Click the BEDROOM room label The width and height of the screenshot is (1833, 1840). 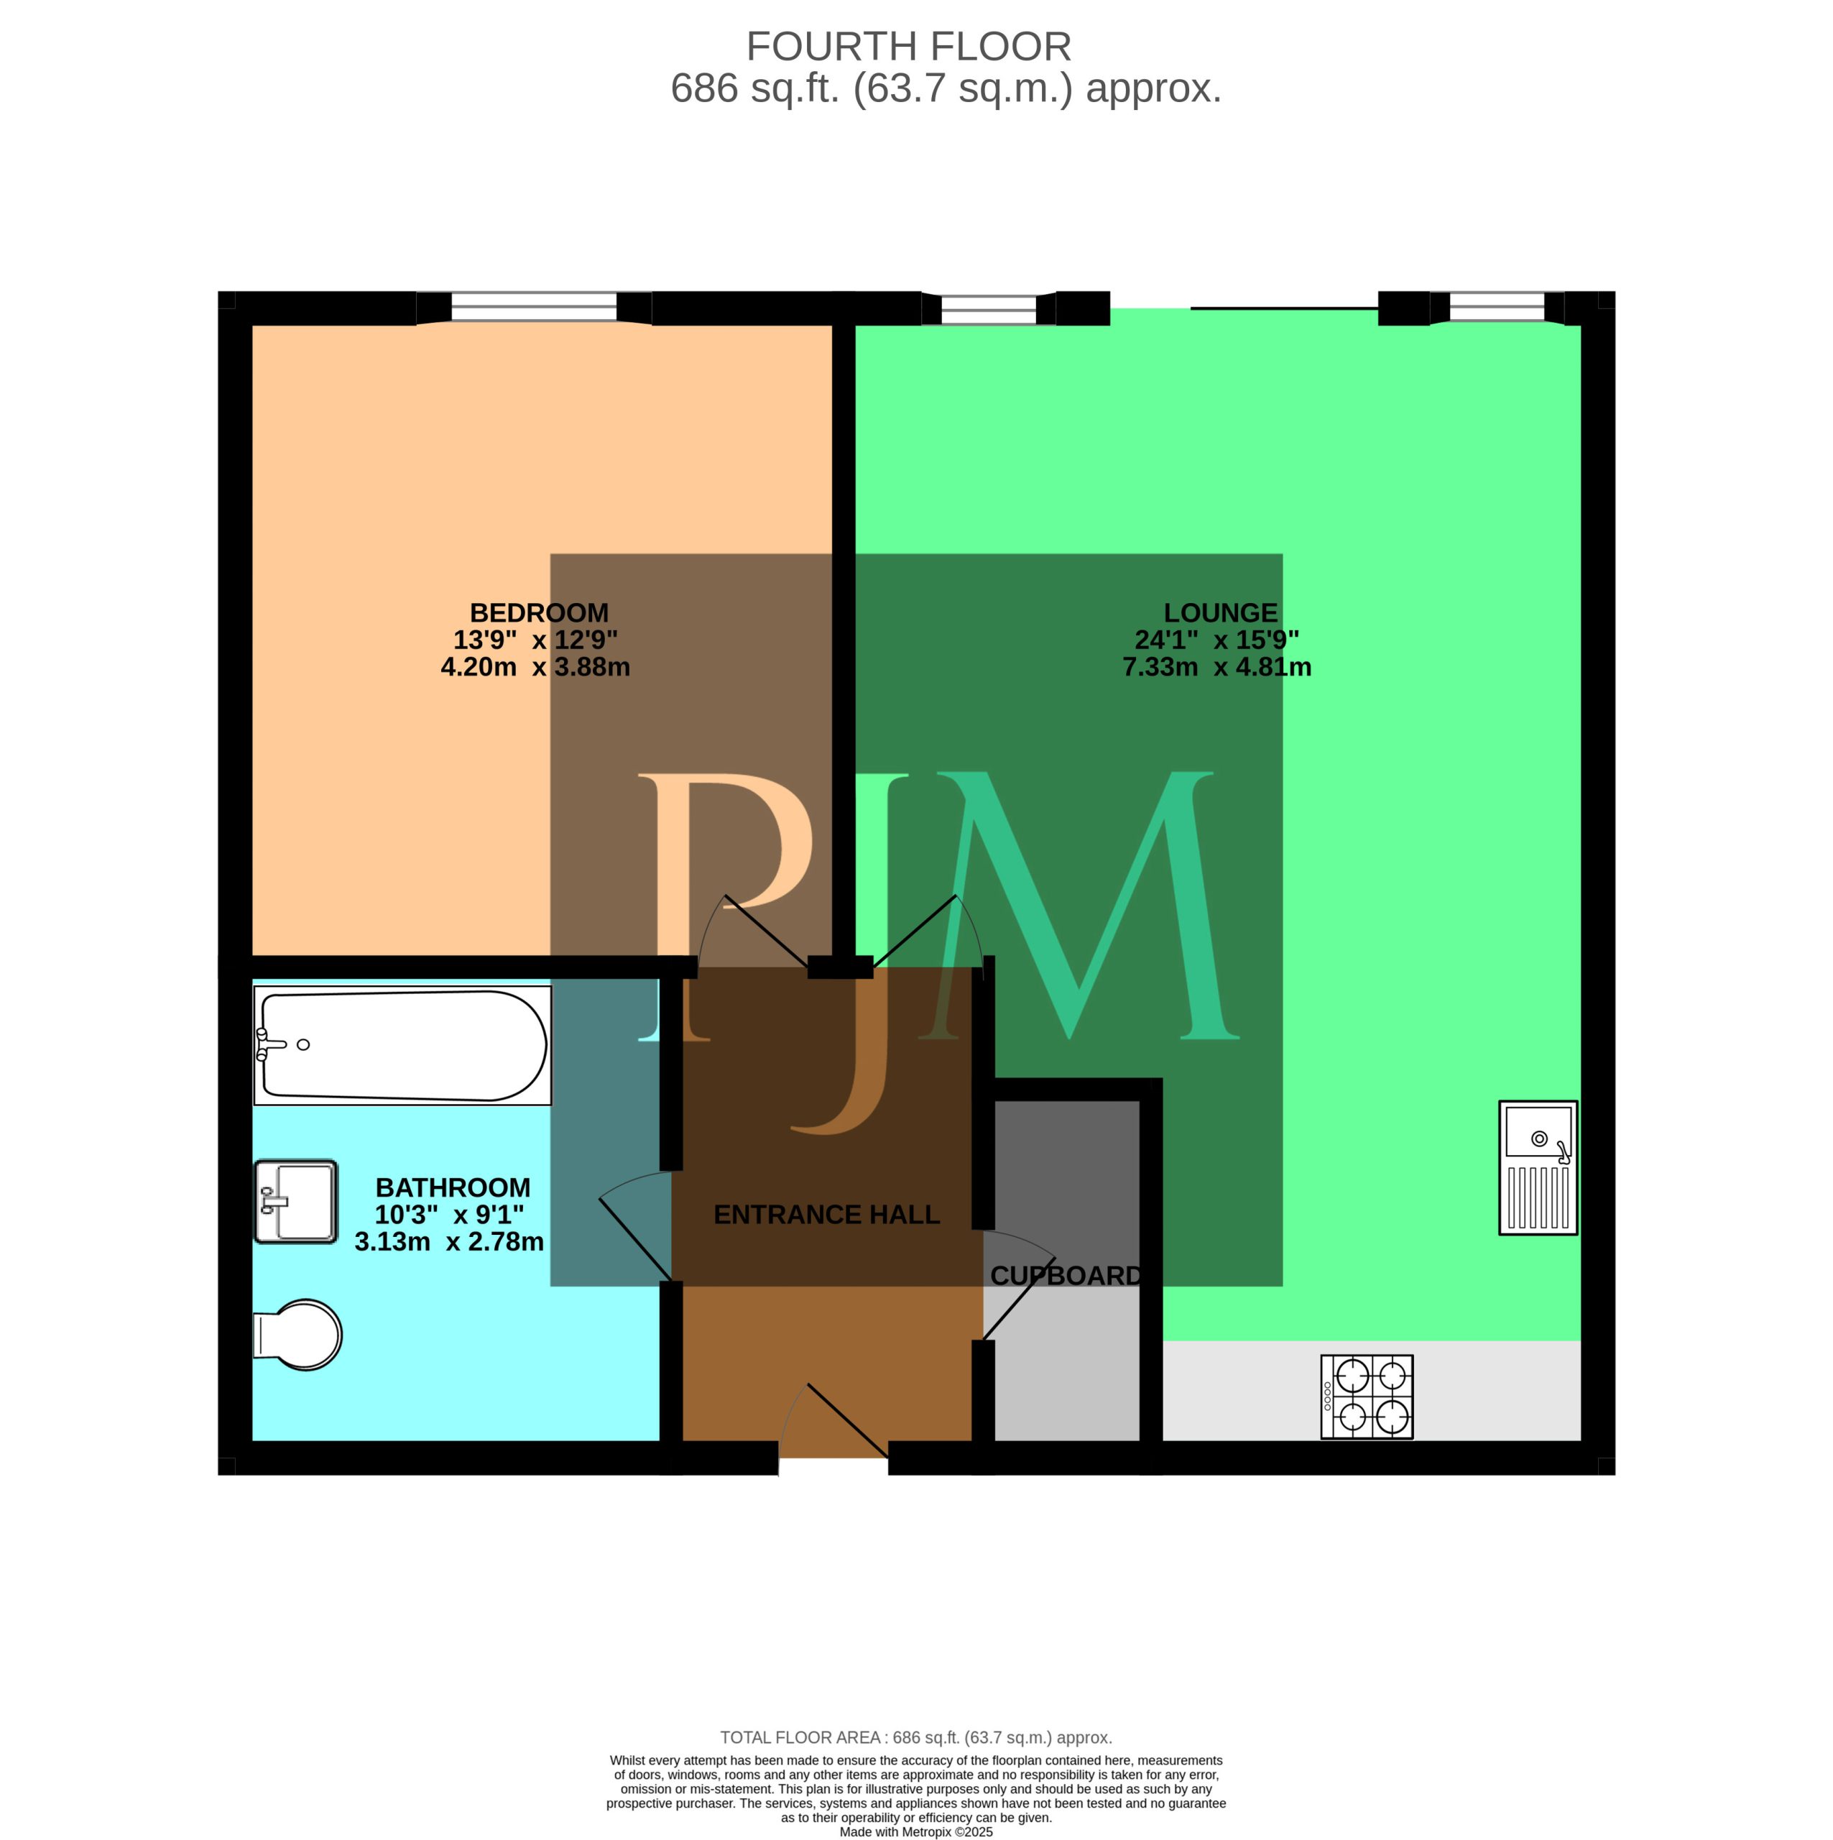(539, 612)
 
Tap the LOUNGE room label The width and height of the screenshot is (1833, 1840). (1221, 612)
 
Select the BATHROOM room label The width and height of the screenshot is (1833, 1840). (453, 1187)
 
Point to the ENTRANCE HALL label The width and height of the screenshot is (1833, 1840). (826, 1214)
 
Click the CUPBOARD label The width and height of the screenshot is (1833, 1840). (1066, 1275)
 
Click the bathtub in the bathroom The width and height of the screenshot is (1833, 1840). (403, 1046)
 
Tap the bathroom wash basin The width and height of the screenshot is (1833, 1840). (296, 1201)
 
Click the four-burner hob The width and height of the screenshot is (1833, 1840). (1367, 1397)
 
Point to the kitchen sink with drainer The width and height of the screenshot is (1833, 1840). (1538, 1168)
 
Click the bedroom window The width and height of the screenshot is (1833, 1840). (534, 307)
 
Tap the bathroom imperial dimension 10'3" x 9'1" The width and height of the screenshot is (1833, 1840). (449, 1214)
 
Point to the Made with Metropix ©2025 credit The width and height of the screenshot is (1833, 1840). (916, 1831)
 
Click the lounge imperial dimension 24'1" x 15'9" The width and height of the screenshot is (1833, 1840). (1217, 640)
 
